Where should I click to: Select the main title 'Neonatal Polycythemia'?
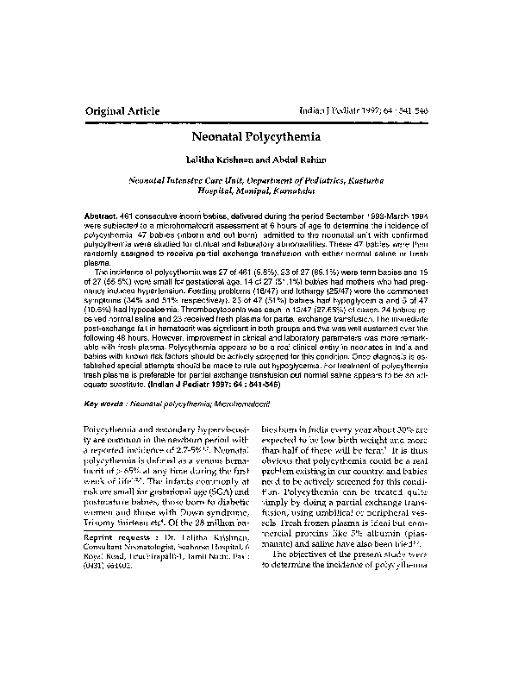point(255,136)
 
